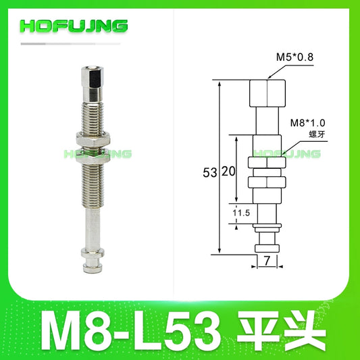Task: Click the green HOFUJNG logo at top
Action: click(74, 26)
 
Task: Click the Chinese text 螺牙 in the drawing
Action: click(302, 134)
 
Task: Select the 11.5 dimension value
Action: click(232, 213)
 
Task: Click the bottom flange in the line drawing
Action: click(266, 248)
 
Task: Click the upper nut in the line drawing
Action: click(266, 162)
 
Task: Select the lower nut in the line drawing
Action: click(266, 182)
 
